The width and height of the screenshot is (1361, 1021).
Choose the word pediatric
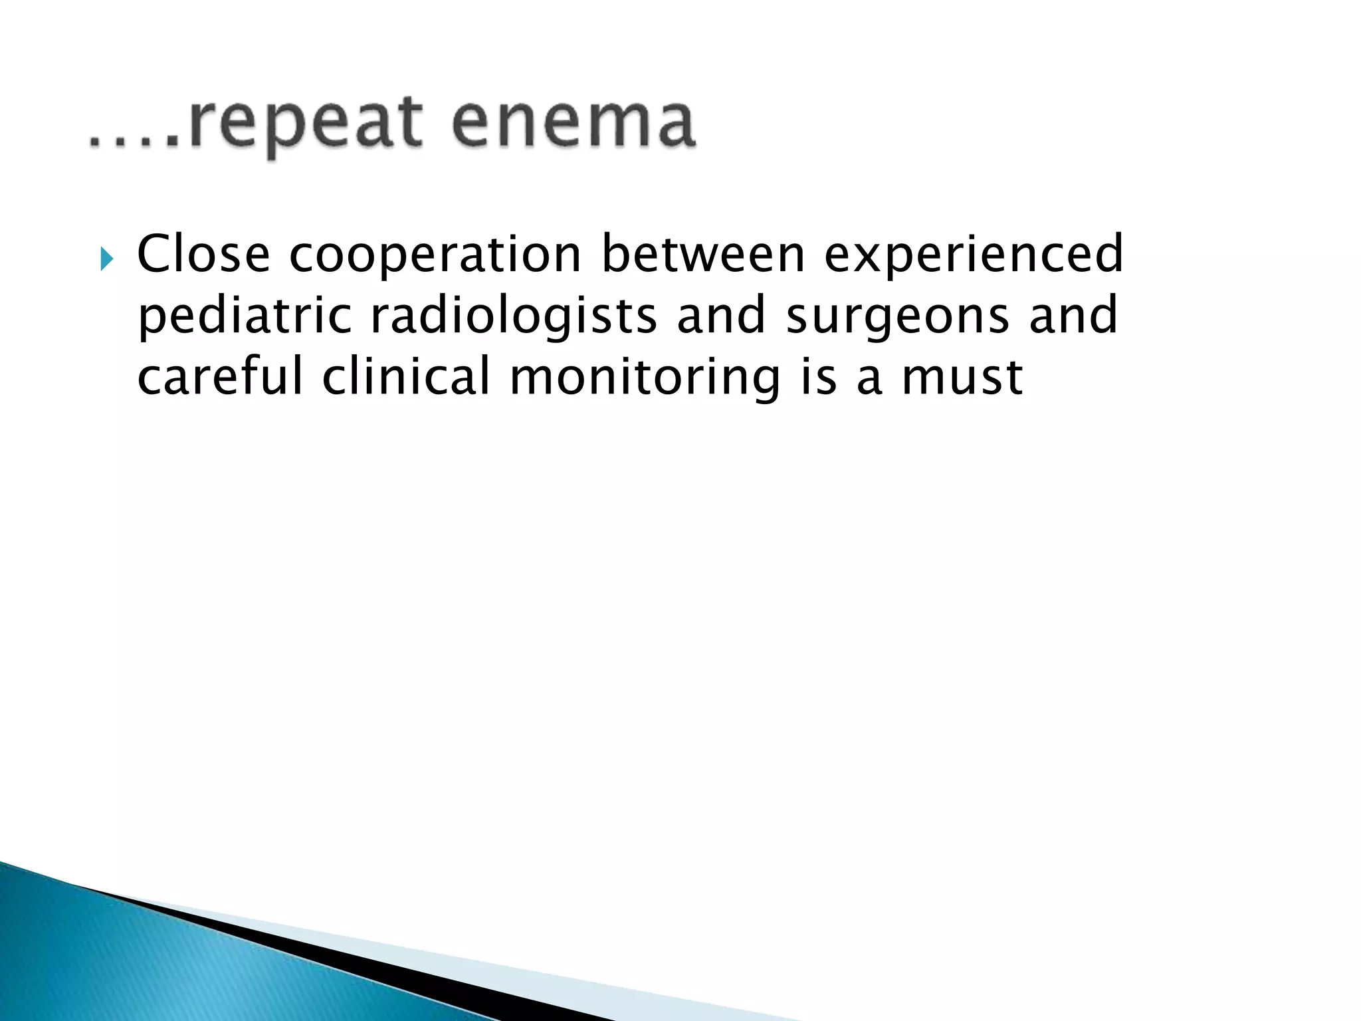pos(245,316)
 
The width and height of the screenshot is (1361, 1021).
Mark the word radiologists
pos(514,316)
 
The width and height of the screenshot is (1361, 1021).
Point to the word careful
pos(219,376)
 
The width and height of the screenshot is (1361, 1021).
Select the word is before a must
pos(818,376)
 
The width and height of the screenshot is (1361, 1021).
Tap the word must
pos(962,377)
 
